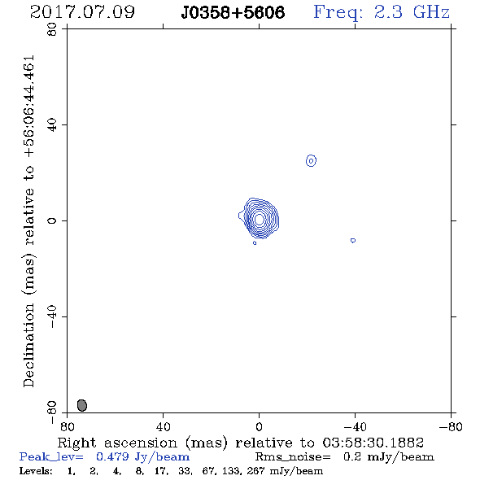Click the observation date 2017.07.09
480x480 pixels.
(82, 12)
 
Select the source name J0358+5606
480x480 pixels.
(233, 12)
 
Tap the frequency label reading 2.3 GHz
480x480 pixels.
(412, 12)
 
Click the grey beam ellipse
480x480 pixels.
(82, 405)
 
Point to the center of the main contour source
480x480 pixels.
(259, 219)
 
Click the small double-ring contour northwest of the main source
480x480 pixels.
(311, 160)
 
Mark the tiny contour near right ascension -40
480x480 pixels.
(353, 241)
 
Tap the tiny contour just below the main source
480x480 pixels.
(255, 243)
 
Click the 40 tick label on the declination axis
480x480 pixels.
(52, 125)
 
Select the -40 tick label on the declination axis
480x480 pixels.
(52, 316)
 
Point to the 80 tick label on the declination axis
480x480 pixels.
(52, 29)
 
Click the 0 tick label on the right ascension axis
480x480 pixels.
(259, 427)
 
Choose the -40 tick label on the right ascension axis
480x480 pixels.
(355, 427)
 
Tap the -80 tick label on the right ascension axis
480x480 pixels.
(451, 427)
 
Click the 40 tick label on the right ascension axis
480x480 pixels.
(163, 427)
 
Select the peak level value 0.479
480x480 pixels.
(112, 456)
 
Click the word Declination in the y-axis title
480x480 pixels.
(28, 345)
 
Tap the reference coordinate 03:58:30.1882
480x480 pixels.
(373, 443)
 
